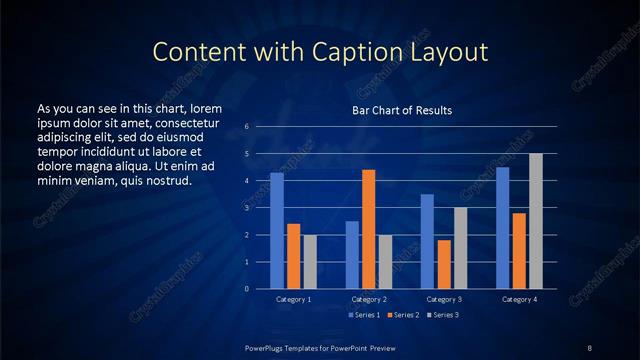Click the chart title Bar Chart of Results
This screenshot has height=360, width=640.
click(401, 110)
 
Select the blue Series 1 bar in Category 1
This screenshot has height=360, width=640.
click(277, 231)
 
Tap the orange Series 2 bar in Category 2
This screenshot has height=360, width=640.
click(368, 229)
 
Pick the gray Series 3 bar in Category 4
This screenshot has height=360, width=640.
click(536, 221)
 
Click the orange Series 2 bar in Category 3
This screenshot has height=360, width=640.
click(444, 264)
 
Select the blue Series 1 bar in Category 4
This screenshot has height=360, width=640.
click(503, 228)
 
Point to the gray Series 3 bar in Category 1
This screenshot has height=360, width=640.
click(309, 262)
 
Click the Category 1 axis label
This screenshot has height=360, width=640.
click(293, 299)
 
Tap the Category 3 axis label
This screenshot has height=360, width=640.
click(444, 299)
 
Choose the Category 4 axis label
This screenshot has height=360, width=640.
click(519, 299)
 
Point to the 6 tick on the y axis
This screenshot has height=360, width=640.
click(246, 127)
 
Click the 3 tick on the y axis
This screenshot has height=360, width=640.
click(246, 208)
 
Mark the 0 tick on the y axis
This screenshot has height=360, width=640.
click(246, 289)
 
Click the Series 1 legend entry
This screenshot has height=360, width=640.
click(364, 315)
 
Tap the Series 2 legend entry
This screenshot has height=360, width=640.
click(403, 315)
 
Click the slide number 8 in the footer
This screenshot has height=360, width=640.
click(589, 347)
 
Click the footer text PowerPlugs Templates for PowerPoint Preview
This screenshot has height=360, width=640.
click(319, 347)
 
